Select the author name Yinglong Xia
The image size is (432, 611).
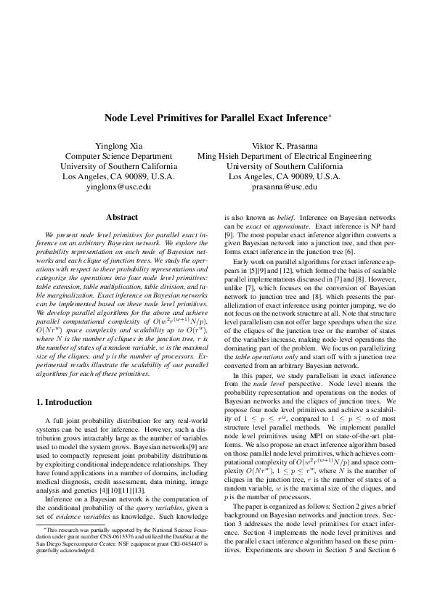(x=118, y=145)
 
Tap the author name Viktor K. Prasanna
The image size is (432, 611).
(x=284, y=145)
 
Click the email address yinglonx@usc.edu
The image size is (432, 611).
(x=118, y=186)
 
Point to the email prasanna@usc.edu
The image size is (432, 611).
(x=284, y=186)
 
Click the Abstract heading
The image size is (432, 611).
(x=122, y=217)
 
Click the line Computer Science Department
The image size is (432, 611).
(x=118, y=156)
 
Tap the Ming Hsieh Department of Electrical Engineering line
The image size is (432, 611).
(x=284, y=156)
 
